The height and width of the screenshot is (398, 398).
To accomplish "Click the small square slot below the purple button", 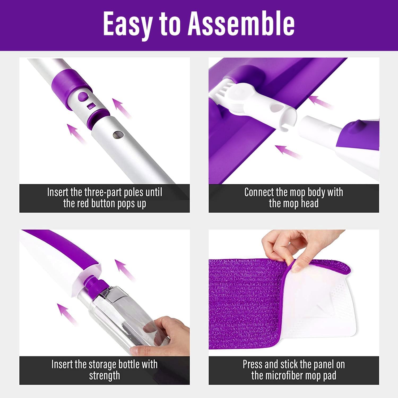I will coord(91,106).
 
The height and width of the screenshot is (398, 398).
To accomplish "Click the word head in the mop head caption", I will coord(309,204).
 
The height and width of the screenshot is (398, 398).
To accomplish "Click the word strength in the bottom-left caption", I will coord(104,376).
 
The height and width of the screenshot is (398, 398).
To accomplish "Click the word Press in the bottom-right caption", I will coord(253,364).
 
